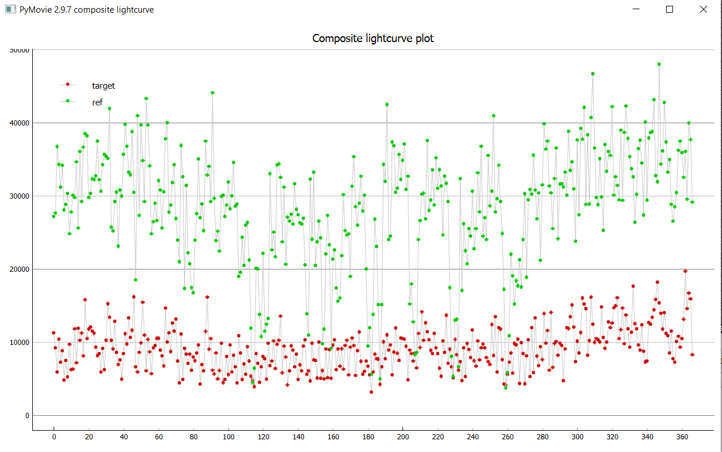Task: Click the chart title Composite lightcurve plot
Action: click(x=373, y=39)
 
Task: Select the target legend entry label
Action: click(x=103, y=86)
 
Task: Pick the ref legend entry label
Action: click(x=97, y=102)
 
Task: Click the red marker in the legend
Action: click(x=68, y=85)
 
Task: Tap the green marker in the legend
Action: click(x=68, y=101)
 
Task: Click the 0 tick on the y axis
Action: click(x=27, y=416)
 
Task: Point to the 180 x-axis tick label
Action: click(x=368, y=436)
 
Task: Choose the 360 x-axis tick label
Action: click(x=682, y=436)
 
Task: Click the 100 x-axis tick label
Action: click(x=228, y=436)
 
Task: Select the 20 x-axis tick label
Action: click(x=89, y=436)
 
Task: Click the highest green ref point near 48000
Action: click(x=659, y=64)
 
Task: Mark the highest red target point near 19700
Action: click(x=686, y=271)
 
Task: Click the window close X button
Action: click(x=703, y=9)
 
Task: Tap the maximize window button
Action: click(x=670, y=9)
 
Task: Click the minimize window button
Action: click(x=636, y=9)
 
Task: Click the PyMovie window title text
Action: click(x=87, y=10)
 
